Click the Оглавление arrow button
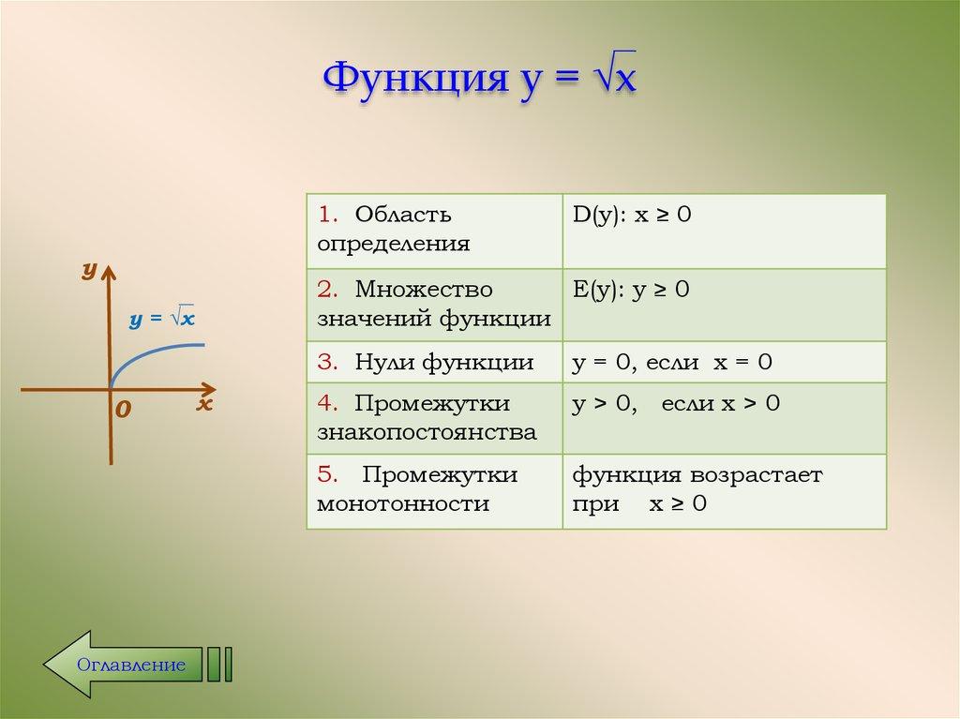(x=122, y=665)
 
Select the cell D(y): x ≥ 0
(x=724, y=231)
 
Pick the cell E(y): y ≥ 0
(x=724, y=305)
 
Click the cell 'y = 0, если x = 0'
(x=724, y=363)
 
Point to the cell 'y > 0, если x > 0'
(x=724, y=418)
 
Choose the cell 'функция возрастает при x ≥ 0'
(x=724, y=490)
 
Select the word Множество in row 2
(x=424, y=290)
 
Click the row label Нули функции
(x=444, y=363)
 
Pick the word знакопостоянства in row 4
(x=427, y=433)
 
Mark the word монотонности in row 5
(x=403, y=504)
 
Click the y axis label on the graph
(x=89, y=270)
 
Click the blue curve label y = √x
(x=162, y=319)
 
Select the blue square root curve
(x=150, y=352)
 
